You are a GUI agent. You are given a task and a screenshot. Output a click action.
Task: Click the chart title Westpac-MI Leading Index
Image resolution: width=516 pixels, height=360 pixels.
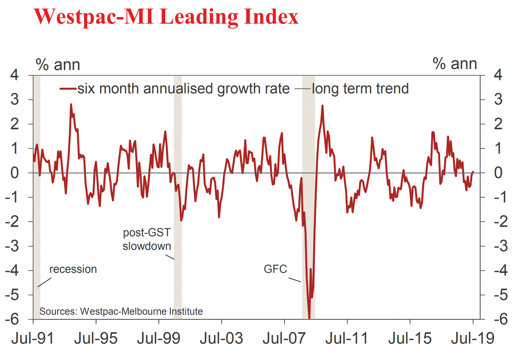point(166,16)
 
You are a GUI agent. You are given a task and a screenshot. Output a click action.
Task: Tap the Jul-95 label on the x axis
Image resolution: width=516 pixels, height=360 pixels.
point(96,338)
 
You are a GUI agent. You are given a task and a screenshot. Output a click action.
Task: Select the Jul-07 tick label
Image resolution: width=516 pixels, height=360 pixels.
point(284,338)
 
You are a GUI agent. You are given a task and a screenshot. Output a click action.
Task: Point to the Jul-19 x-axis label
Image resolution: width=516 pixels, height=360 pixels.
point(473,338)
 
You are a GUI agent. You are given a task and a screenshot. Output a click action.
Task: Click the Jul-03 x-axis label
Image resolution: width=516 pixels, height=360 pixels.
point(221,338)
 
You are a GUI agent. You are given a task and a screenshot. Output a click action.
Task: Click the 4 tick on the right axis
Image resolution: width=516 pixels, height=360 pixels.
point(498,75)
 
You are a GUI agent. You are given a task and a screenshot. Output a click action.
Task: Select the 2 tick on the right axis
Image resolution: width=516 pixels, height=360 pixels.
point(498,124)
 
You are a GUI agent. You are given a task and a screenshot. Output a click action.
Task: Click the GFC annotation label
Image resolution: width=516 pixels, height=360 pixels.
point(275,269)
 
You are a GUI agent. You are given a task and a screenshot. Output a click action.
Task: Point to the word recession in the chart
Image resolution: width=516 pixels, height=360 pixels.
point(73,269)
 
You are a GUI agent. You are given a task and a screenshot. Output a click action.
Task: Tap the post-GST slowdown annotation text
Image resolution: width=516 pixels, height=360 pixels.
point(147,239)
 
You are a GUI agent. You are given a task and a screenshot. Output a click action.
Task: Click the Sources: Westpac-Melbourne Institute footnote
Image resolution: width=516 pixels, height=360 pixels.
point(121,311)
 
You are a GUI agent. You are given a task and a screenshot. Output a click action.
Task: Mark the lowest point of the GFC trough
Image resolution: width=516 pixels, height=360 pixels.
point(309,318)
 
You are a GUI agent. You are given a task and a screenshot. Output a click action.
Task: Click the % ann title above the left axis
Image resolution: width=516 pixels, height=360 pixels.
point(58,65)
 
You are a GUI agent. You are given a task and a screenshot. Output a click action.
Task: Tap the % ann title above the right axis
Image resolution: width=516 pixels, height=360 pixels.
point(455,64)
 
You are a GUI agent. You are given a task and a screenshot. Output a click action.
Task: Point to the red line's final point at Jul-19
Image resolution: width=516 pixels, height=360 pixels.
point(473,171)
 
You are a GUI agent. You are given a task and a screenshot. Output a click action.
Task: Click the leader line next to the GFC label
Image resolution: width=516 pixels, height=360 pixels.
point(295,279)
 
